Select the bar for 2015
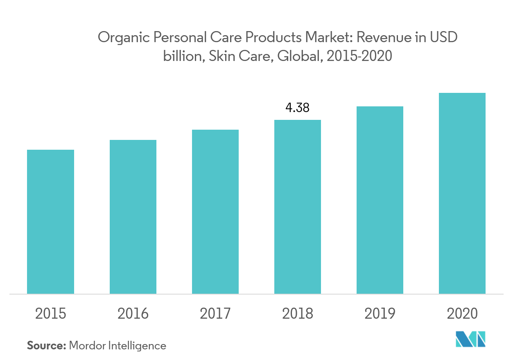50,222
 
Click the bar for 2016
133,217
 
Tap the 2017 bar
215,211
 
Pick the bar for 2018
298,207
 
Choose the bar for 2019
380,200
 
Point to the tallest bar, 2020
462,193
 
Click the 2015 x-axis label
50,314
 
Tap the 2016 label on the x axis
133,314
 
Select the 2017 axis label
215,314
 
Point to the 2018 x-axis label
298,314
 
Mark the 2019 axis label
380,314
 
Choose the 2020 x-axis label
462,314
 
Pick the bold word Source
46,346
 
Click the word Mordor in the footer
88,346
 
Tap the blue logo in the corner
470,339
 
